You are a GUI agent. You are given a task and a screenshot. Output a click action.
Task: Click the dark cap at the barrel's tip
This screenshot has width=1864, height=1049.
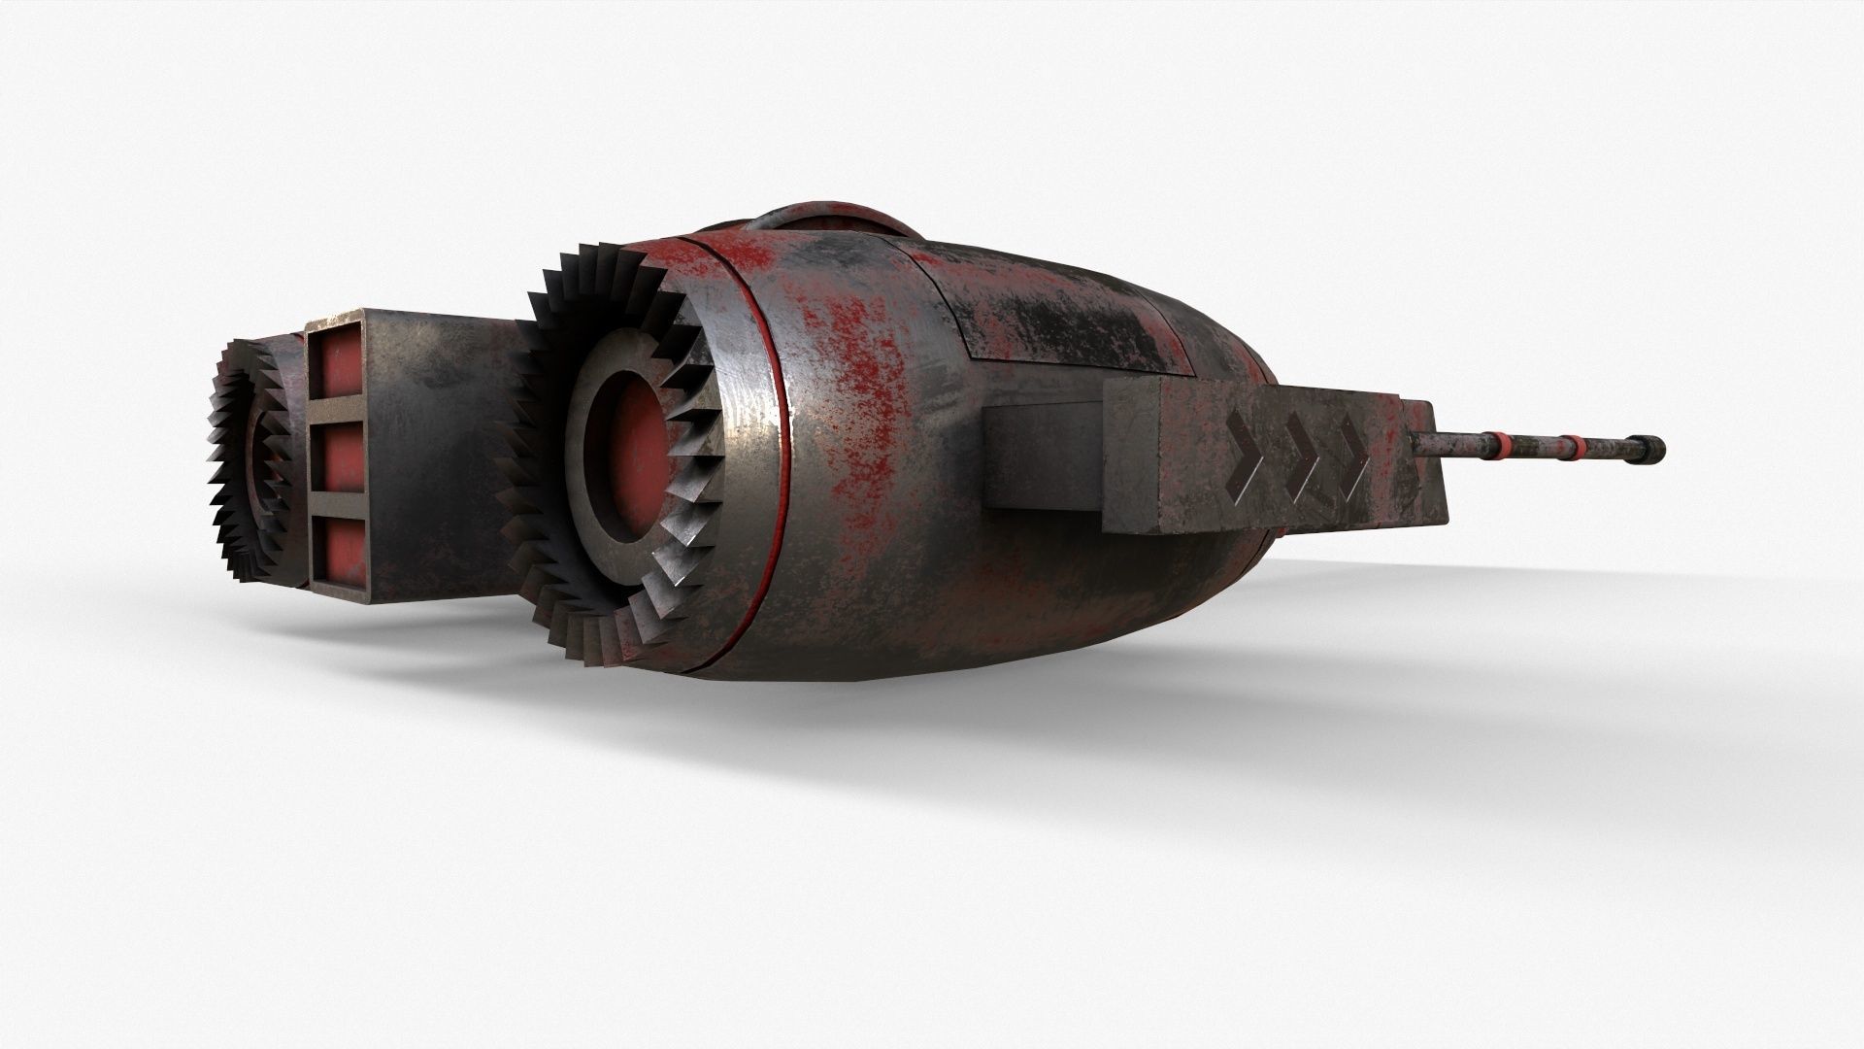click(1651, 448)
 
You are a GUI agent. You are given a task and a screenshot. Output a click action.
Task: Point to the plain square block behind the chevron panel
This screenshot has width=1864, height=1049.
click(1044, 457)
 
